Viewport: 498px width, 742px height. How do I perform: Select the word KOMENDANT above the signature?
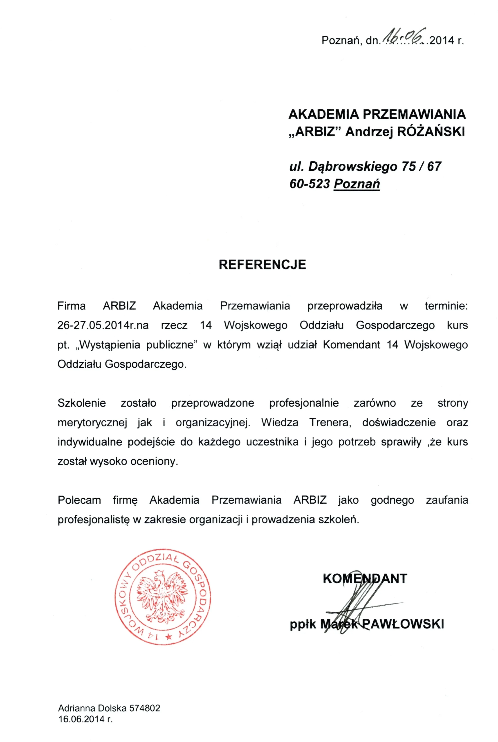(365, 579)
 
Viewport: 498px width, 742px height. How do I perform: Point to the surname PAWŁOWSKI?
(403, 624)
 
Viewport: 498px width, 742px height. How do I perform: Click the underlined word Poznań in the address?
(357, 184)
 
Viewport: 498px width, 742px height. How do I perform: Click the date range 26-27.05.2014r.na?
(103, 325)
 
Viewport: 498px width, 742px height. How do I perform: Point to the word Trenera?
(330, 422)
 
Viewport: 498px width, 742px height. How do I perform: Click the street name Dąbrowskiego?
(352, 167)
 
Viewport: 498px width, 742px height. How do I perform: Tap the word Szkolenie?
(82, 403)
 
